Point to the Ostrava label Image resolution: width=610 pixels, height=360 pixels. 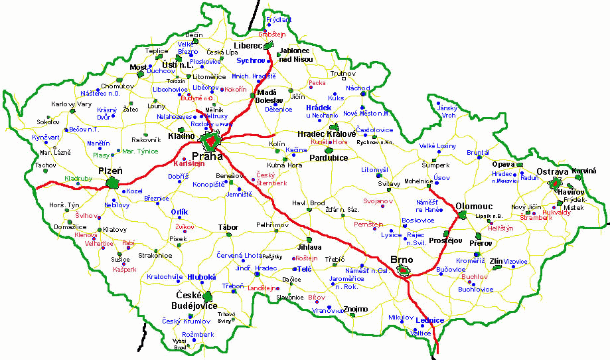pos(552,171)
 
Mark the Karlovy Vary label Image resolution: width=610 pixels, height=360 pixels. pos(72,104)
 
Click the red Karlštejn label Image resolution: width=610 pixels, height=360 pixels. pos(189,163)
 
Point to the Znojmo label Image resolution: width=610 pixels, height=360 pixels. pos(355,309)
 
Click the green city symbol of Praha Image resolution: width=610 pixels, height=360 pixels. pos(212,141)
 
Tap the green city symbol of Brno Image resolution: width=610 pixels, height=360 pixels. pos(403,270)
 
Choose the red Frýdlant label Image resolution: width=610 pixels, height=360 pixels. pos(278,21)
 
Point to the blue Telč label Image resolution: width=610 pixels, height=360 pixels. pos(305,269)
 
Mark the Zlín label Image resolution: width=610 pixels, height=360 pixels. pos(496,261)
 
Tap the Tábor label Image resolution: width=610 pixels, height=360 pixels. pos(228,227)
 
